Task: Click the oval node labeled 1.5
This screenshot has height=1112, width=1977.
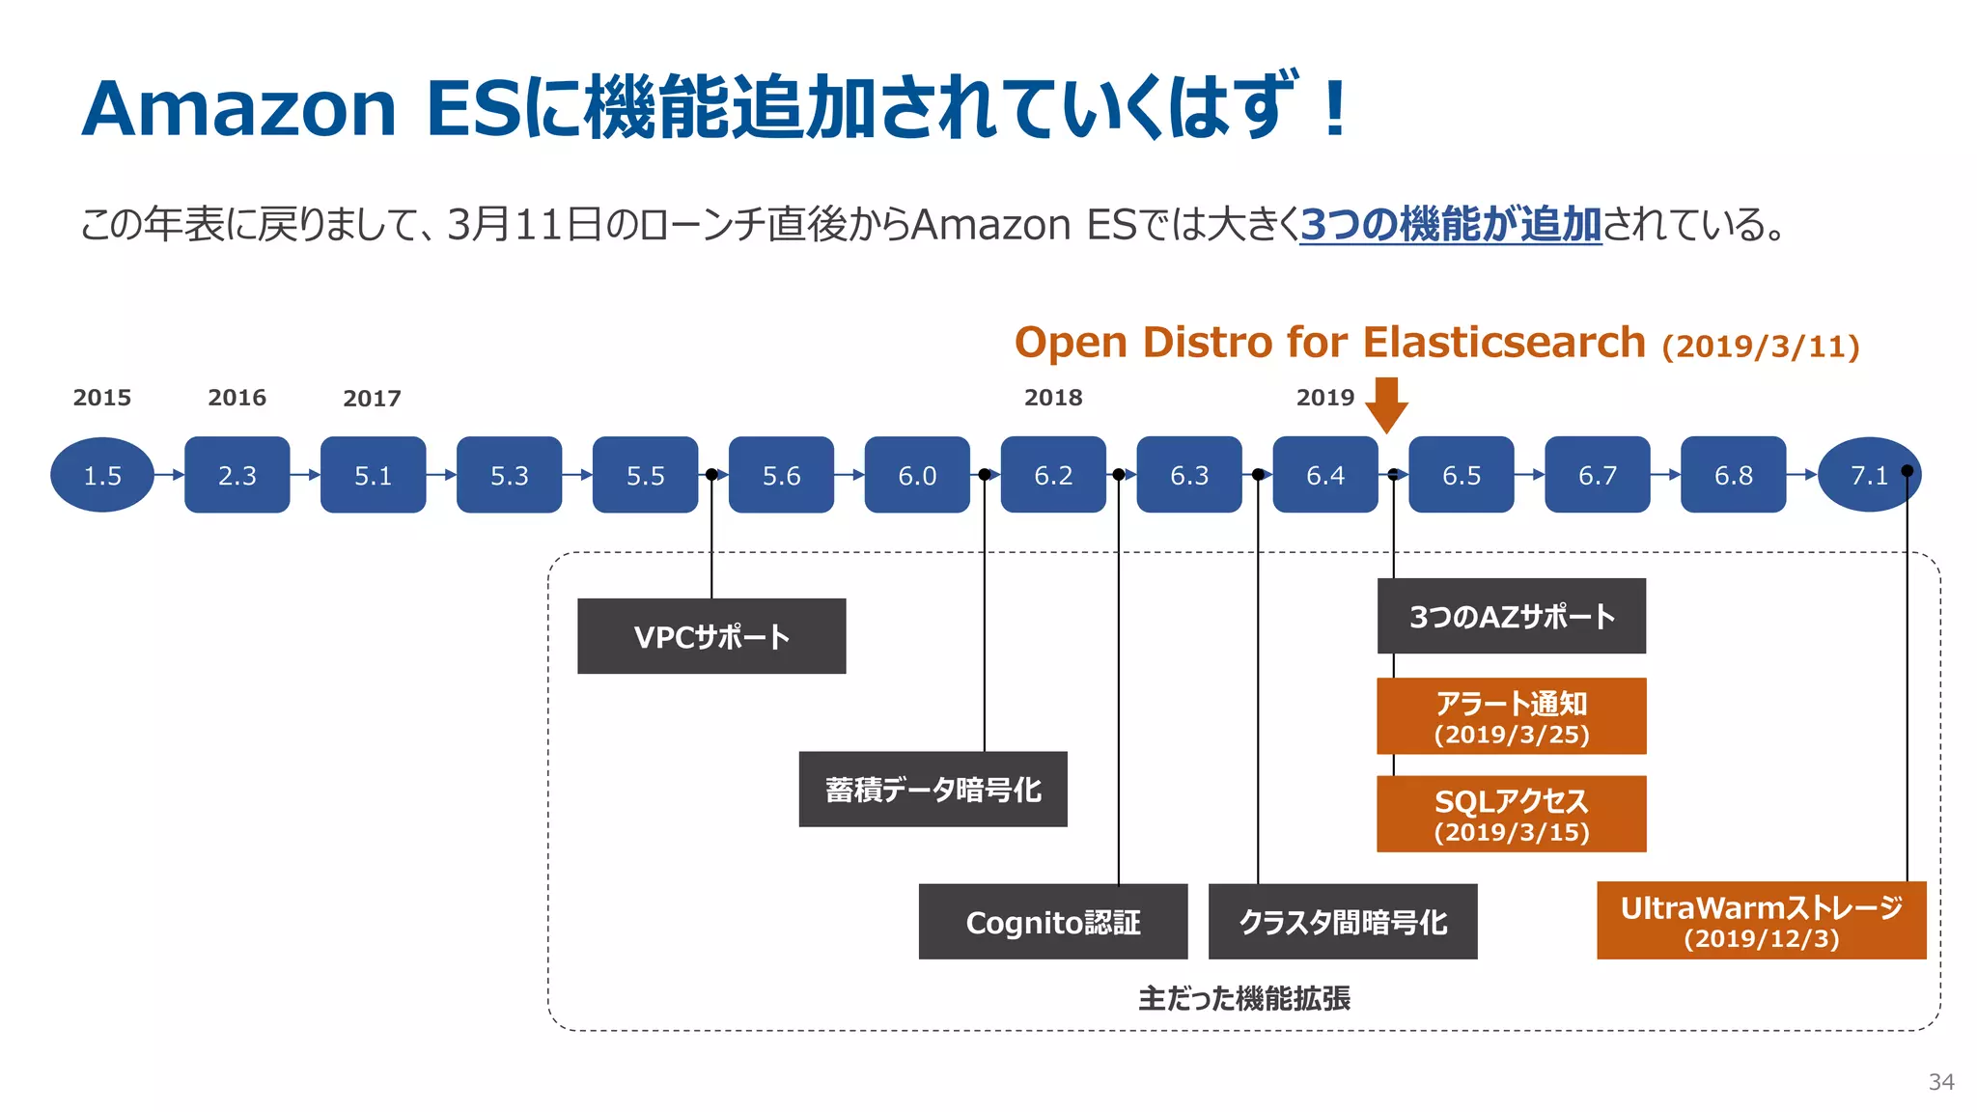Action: [x=102, y=475]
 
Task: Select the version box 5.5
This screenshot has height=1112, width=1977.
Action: [x=645, y=475]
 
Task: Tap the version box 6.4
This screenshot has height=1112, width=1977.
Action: [x=1324, y=475]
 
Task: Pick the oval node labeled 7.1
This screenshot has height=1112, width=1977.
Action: [x=1869, y=475]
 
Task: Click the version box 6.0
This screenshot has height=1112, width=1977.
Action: [x=917, y=475]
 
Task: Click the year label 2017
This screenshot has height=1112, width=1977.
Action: [x=372, y=399]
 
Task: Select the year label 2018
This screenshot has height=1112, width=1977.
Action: [x=1053, y=398]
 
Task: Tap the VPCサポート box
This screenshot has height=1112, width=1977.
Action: [x=711, y=636]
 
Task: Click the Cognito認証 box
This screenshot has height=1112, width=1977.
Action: [x=1053, y=922]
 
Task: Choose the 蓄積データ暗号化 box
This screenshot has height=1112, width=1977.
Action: [x=933, y=790]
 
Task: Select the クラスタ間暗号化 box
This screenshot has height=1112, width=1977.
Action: [x=1343, y=922]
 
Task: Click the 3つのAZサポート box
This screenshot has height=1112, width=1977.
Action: [x=1511, y=616]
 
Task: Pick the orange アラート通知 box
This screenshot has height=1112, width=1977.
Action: [x=1511, y=716]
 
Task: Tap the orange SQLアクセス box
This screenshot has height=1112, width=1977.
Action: [x=1511, y=814]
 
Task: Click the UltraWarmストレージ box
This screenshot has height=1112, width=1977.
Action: [x=1761, y=920]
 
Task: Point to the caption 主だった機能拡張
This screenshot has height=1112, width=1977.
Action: [x=1243, y=998]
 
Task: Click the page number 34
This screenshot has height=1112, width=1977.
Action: [x=1940, y=1082]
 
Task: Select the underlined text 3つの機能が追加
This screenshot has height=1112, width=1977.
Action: [x=1450, y=225]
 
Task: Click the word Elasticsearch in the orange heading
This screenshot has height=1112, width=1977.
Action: [x=1503, y=343]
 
